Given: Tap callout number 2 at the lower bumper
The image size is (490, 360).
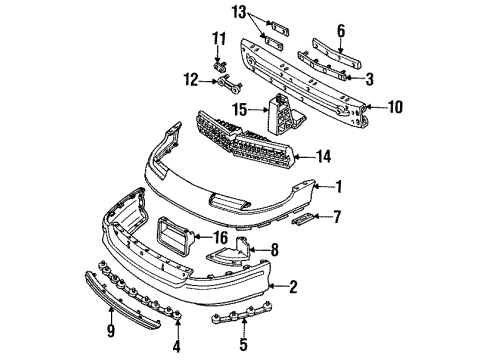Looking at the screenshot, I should click(294, 287).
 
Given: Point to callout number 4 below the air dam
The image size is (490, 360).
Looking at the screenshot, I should click(177, 323).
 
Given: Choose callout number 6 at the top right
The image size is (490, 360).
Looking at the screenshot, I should click(340, 30).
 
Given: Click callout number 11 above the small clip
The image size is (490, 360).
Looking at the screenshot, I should click(221, 38).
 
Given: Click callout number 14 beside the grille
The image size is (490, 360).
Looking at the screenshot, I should click(322, 156).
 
